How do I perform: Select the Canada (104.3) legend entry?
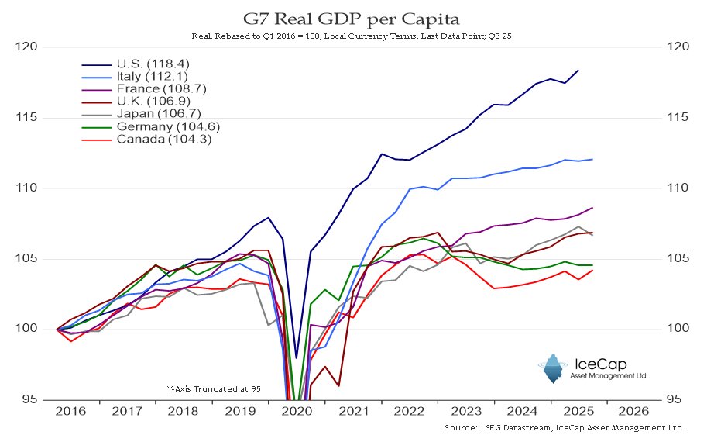[x=163, y=139]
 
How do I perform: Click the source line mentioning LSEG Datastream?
[x=565, y=428]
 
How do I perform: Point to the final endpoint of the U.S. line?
[x=578, y=70]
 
